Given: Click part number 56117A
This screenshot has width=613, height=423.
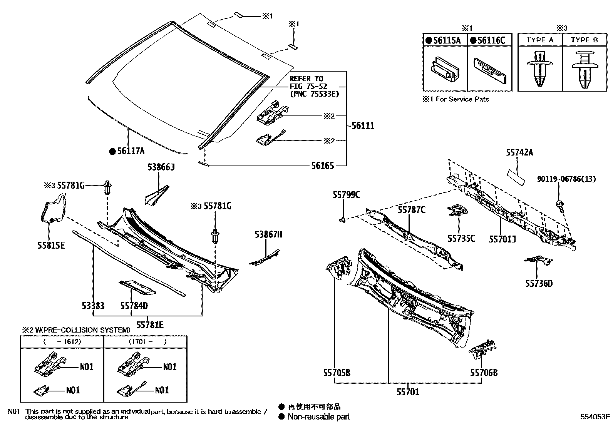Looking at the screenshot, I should [x=131, y=152].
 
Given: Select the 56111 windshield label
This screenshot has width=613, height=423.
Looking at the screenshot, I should [x=362, y=126].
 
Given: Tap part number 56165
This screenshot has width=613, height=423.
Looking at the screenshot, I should [x=322, y=166].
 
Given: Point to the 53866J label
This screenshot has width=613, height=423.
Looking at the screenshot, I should [x=161, y=167].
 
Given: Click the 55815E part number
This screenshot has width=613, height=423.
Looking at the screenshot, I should [x=51, y=245].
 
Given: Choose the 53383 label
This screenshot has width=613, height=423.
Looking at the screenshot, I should [x=93, y=306].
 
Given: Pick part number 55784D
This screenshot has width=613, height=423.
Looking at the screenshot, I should [x=134, y=306].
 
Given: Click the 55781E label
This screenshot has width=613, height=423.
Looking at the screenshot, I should [x=150, y=326].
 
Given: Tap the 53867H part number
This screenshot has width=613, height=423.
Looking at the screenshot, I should [x=268, y=234].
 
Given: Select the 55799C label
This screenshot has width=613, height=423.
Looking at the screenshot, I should [x=346, y=195].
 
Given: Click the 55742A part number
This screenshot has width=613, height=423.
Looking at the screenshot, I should [x=519, y=153].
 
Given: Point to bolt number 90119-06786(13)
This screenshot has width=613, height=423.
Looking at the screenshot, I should [x=566, y=178].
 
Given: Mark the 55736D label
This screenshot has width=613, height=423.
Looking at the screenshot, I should [x=539, y=284].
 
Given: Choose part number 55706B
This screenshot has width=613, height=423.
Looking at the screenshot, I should [x=483, y=373].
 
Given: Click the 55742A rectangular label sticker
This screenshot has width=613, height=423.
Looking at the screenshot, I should [x=516, y=176].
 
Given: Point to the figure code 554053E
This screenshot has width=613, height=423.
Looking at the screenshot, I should [x=596, y=416].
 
